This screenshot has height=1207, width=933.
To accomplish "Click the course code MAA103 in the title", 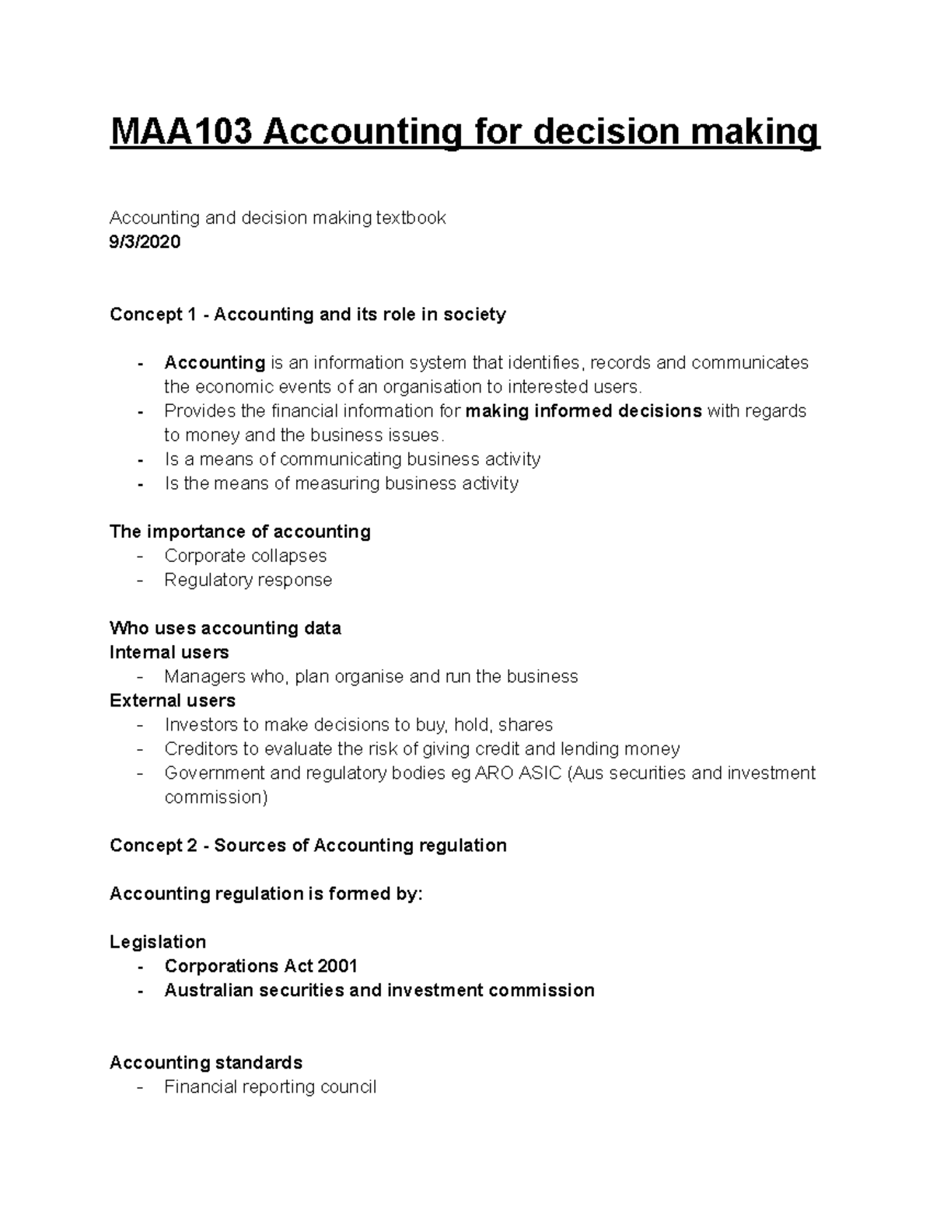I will tap(181, 132).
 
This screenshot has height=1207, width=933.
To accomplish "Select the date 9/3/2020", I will tap(145, 242).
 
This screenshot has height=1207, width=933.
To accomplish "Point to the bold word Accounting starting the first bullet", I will tap(215, 363).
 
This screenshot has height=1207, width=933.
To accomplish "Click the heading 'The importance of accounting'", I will tap(239, 532).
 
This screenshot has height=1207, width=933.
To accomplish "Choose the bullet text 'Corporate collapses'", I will tap(245, 556).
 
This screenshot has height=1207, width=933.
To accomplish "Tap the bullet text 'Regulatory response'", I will tap(248, 580).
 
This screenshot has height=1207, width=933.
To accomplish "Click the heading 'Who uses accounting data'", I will tap(225, 628).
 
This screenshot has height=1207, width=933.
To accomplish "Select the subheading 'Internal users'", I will tap(169, 652).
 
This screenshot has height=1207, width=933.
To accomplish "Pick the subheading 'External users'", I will tap(172, 700).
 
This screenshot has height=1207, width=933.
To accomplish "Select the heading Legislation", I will tap(158, 942).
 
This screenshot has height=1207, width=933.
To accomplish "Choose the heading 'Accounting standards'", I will tap(206, 1062).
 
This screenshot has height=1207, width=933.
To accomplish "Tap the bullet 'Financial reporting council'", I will tap(270, 1087).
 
